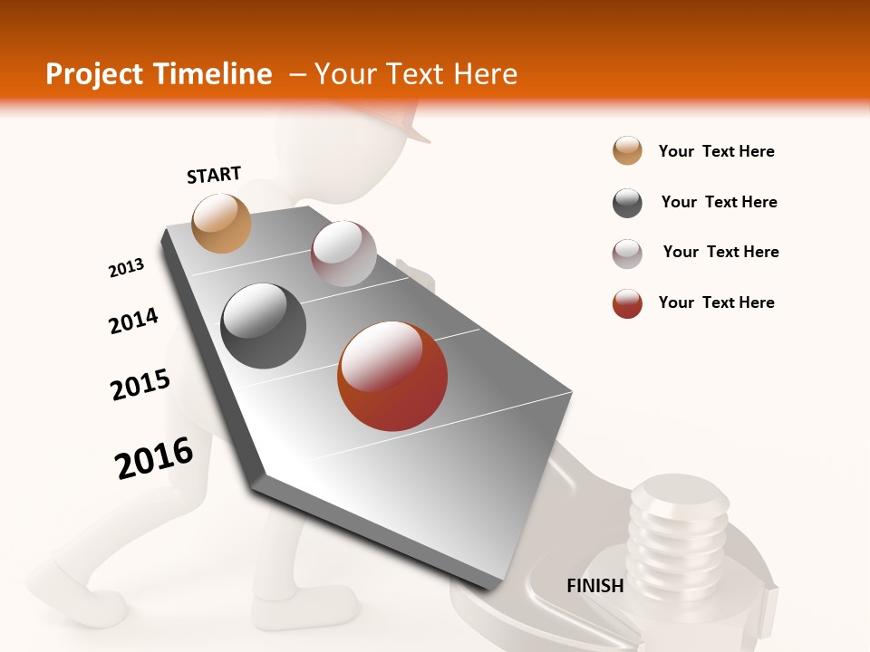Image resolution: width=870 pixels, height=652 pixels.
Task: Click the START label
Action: pyautogui.click(x=214, y=175)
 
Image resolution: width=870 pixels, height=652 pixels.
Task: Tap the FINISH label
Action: pyautogui.click(x=595, y=586)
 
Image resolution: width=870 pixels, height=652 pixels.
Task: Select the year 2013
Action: pyautogui.click(x=126, y=268)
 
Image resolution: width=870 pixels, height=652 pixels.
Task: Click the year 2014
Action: pyautogui.click(x=133, y=321)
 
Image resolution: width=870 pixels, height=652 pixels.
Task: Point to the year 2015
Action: pyautogui.click(x=140, y=385)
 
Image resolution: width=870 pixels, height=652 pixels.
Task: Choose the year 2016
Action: pyautogui.click(x=154, y=457)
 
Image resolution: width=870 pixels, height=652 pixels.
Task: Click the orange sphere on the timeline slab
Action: pyautogui.click(x=221, y=223)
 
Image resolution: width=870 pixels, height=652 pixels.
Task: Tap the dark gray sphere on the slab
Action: pyautogui.click(x=264, y=326)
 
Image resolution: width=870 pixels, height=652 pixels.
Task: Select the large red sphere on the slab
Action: pyautogui.click(x=392, y=376)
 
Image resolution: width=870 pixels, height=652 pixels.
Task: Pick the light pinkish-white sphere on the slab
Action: pyautogui.click(x=343, y=254)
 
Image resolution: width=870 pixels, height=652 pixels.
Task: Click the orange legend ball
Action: pyautogui.click(x=627, y=151)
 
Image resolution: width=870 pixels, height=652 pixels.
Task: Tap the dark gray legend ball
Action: pyautogui.click(x=627, y=203)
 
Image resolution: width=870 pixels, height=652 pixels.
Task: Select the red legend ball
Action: pyautogui.click(x=627, y=303)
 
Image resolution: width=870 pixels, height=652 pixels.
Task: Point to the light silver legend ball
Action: pyautogui.click(x=627, y=254)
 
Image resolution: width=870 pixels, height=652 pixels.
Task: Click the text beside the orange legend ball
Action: pyautogui.click(x=716, y=151)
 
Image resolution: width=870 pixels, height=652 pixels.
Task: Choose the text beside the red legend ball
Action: pyautogui.click(x=716, y=302)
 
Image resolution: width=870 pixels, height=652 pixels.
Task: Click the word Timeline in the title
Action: pyautogui.click(x=215, y=74)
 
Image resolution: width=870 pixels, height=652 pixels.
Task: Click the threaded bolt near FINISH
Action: pyautogui.click(x=678, y=534)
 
